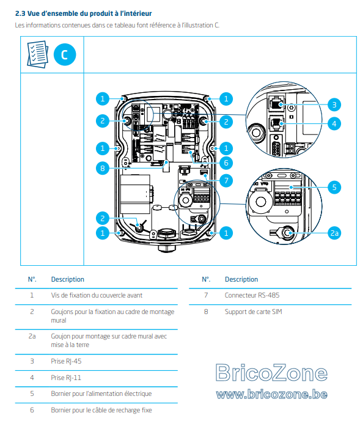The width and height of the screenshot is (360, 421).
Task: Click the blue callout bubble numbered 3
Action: tap(334, 104)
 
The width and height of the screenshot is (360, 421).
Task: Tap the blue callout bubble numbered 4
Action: tap(334, 124)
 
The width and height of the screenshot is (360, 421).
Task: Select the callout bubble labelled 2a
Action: tap(334, 233)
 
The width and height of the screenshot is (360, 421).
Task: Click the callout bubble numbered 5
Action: tap(334, 187)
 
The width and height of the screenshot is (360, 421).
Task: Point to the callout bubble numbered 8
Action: tap(103, 169)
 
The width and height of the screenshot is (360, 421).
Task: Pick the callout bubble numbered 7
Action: tap(226, 180)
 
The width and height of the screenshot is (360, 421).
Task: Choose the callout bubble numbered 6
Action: tap(226, 163)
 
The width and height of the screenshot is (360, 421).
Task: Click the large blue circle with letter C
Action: tap(65, 54)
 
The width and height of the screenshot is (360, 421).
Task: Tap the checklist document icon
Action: tap(38, 54)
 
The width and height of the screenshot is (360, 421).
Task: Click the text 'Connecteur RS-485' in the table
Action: tap(252, 295)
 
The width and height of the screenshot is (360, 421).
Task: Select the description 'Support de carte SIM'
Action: tap(253, 312)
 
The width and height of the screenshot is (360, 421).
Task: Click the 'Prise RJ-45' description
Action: tap(66, 361)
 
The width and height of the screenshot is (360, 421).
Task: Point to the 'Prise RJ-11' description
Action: tap(66, 378)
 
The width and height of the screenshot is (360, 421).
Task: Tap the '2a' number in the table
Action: tap(32, 336)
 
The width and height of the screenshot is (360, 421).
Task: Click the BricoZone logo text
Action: tap(271, 372)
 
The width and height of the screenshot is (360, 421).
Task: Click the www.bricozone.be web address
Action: tap(271, 394)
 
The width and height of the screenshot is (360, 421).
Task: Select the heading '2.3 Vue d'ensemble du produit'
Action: tap(83, 13)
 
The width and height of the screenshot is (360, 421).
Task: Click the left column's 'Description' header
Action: tap(67, 279)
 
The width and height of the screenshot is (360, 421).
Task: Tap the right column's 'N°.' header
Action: tap(206, 279)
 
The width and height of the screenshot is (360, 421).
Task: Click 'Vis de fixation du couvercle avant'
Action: tap(97, 295)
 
